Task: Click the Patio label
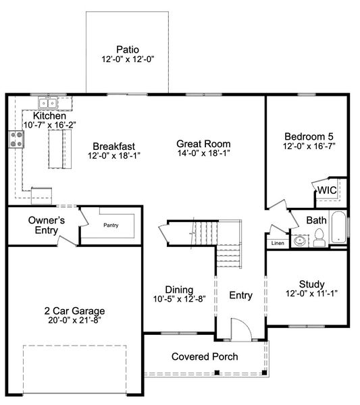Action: [x=127, y=49]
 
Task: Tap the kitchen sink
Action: [x=47, y=103]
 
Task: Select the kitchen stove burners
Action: [x=16, y=140]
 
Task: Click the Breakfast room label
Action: [x=114, y=146]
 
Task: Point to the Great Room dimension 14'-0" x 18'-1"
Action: [x=203, y=154]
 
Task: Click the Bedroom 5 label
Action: [x=309, y=134]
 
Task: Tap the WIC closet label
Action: [x=328, y=190]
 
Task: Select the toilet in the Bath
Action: [x=319, y=236]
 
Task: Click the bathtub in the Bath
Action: [x=338, y=229]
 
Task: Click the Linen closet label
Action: [x=278, y=243]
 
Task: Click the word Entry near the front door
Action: [x=240, y=295]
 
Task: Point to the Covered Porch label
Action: [x=204, y=356]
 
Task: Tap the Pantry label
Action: [x=110, y=226]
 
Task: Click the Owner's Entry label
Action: [x=47, y=225]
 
